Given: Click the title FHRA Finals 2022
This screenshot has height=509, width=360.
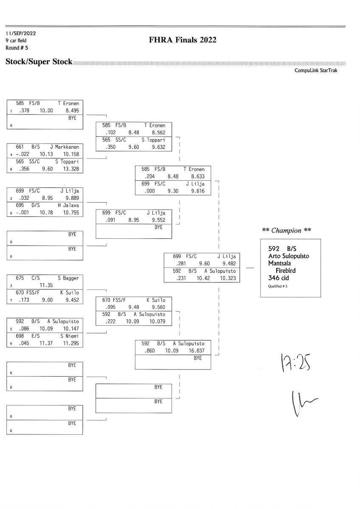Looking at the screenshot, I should tap(183, 40).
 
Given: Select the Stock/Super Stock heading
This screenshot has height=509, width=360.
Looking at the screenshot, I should tap(39, 62).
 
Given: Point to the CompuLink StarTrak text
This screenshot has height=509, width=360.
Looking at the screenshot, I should tap(316, 71).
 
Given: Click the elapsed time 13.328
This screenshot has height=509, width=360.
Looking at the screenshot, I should tap(70, 169).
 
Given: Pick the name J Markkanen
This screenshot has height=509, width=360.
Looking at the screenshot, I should tap(67, 147).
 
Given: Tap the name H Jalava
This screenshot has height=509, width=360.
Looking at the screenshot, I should tap(68, 205).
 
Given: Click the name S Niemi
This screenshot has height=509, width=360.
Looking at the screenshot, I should tap(69, 336).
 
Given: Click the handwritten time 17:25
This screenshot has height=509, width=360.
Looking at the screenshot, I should tap(293, 364).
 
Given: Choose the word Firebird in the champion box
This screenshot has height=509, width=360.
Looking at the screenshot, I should tap(285, 270).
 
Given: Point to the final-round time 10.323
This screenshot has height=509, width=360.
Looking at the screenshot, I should tap(226, 279).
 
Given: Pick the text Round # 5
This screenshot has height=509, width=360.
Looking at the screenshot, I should tap(17, 48).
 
